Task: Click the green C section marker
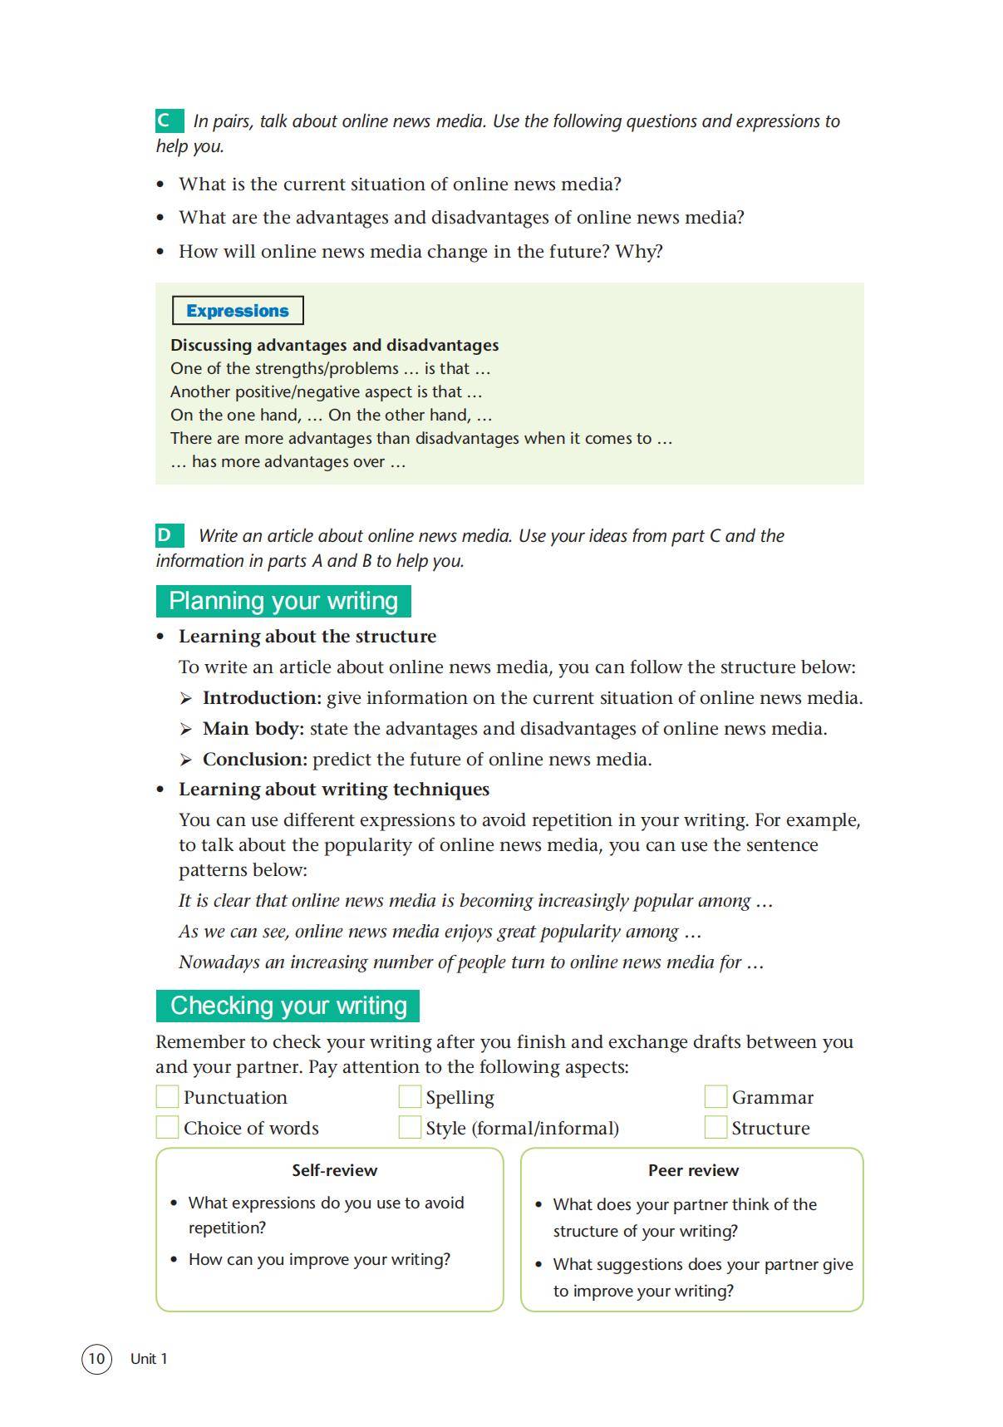coord(169,121)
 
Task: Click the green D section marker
coord(169,535)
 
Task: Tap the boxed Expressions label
coord(238,311)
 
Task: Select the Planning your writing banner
coord(283,601)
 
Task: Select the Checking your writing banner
coord(288,1006)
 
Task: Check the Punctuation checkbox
coord(167,1097)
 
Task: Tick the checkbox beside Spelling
coord(410,1097)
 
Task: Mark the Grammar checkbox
coord(715,1097)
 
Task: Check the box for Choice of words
coord(167,1128)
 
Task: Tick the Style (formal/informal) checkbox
coord(410,1128)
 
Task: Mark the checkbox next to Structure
coord(715,1128)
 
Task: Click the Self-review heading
coord(334,1170)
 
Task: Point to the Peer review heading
coord(693,1170)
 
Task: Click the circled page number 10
coord(96,1359)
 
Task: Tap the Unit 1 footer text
coord(149,1359)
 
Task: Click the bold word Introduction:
coord(262,698)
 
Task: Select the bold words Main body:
coord(253,729)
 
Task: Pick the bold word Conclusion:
coord(255,760)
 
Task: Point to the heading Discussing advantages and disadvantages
coord(334,345)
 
